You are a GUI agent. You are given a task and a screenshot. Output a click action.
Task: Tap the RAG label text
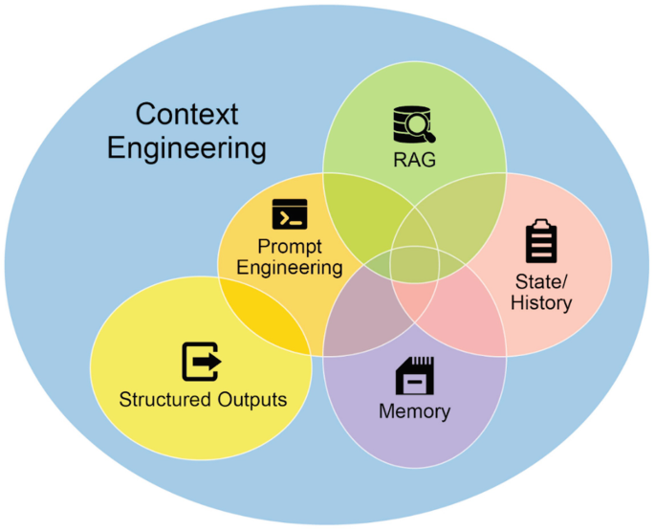coord(414,160)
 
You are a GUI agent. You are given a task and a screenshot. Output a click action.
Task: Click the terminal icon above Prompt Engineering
coord(289,214)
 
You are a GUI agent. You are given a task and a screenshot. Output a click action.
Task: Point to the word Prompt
coord(290,247)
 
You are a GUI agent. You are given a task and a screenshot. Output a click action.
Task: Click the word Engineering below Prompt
coord(290,268)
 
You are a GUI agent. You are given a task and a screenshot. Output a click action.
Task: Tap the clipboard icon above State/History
coord(541,241)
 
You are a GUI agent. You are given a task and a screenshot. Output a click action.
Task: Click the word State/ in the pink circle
coord(541,282)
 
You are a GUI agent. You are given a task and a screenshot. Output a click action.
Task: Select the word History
coord(541,303)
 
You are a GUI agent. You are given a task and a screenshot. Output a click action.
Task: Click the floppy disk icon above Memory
coord(415,376)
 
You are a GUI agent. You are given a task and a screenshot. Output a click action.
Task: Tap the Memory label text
coord(415,412)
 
